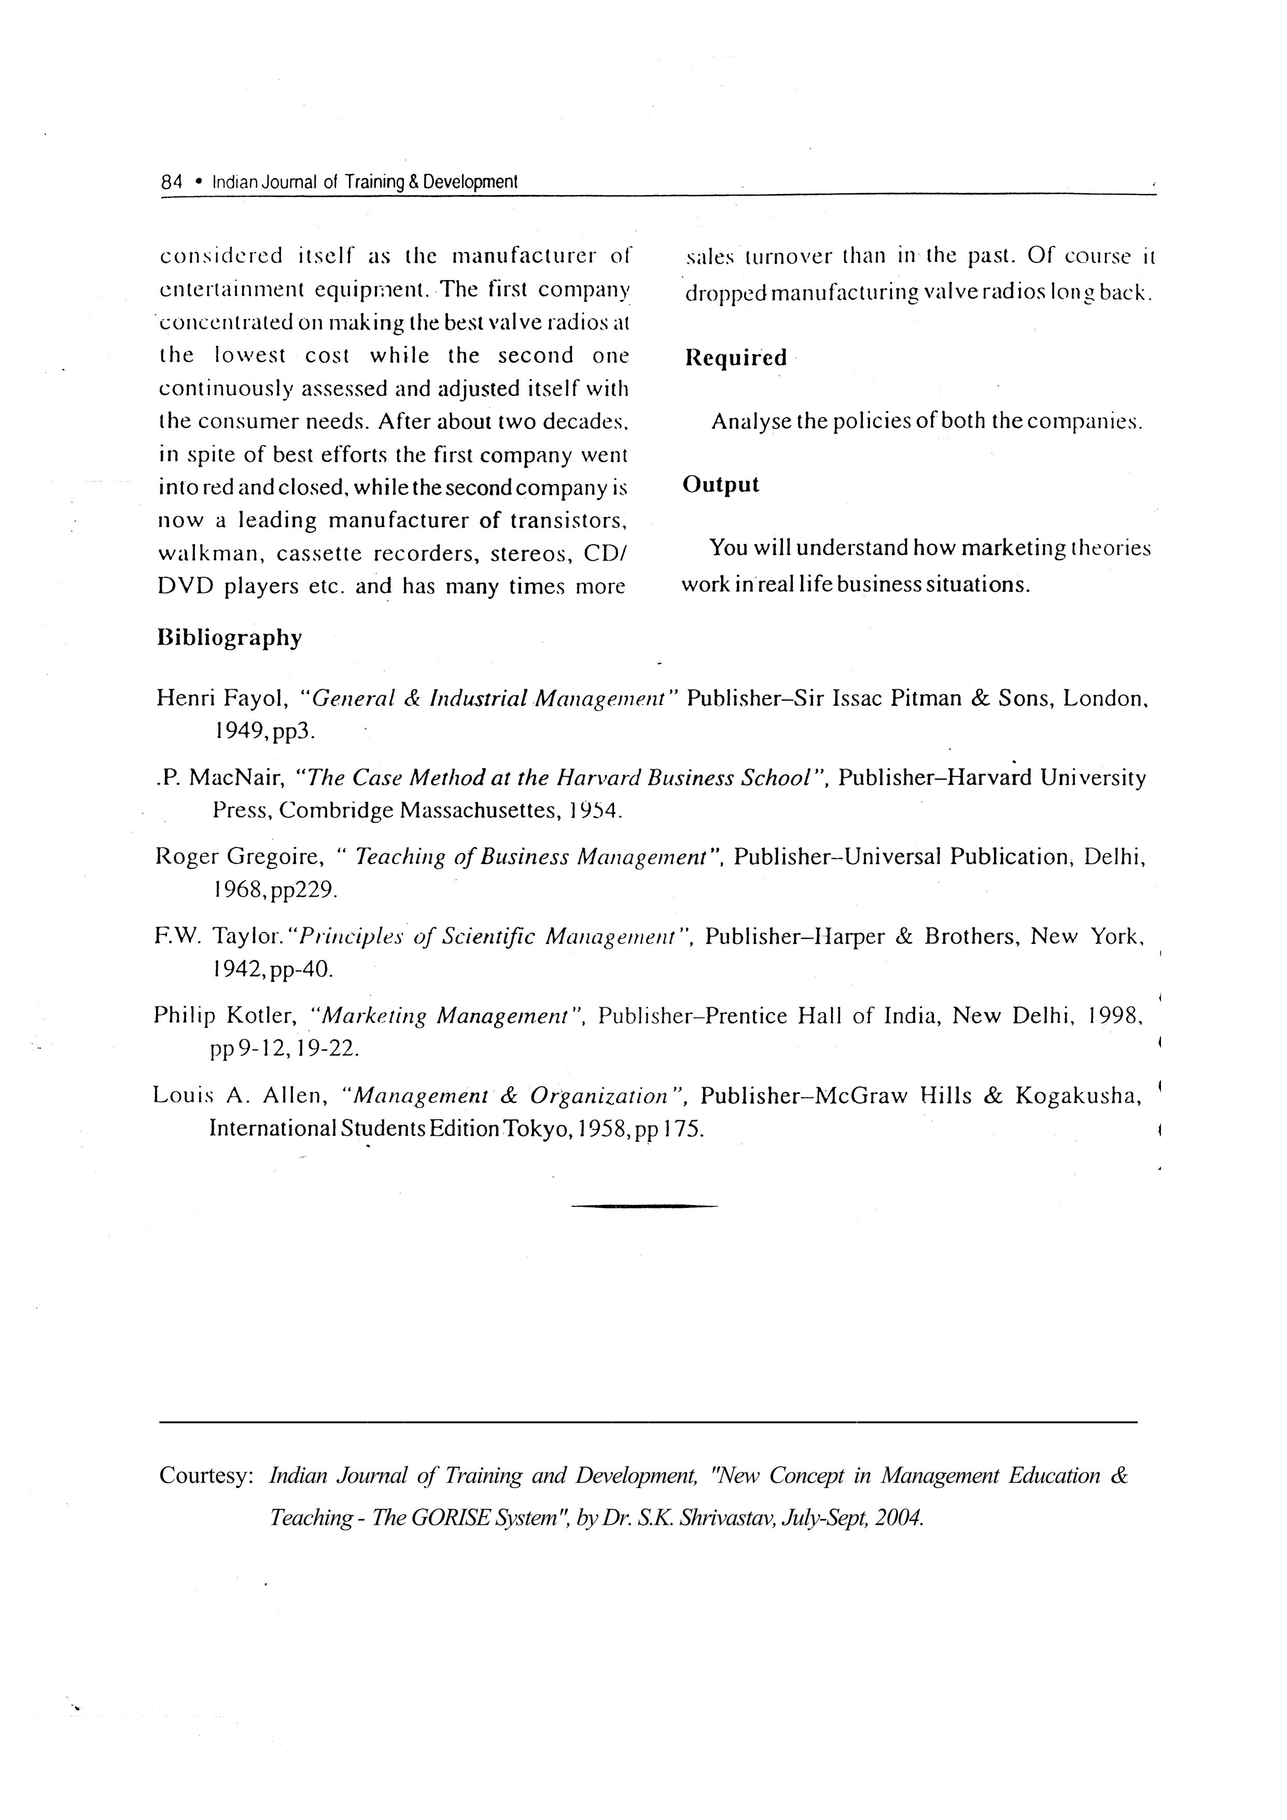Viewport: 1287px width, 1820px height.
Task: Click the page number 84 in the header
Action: pos(171,182)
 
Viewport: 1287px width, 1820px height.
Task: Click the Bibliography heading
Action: pos(230,638)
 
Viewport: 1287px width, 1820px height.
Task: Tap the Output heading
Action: pos(720,484)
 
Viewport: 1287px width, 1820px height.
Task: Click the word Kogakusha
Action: pos(1078,1095)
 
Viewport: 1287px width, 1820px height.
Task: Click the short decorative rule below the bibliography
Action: pos(643,1206)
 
